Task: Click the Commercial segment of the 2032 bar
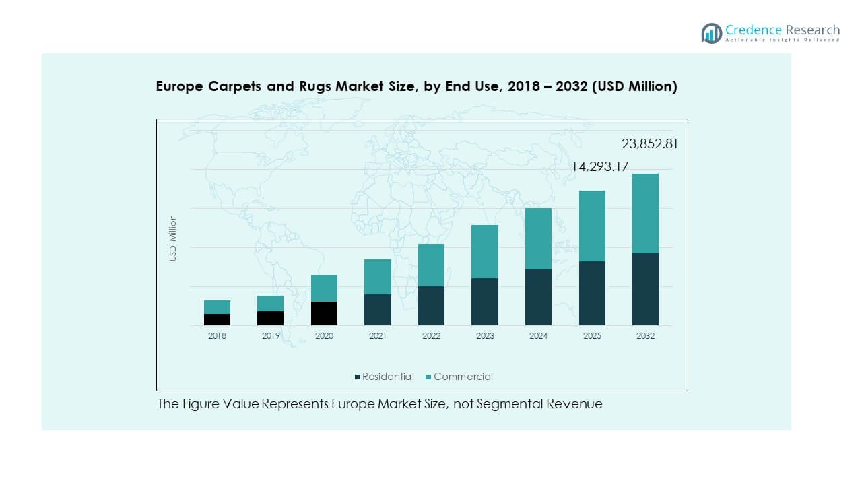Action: click(x=645, y=214)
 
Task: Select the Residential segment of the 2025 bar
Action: click(x=592, y=293)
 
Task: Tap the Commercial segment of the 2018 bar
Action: click(x=218, y=307)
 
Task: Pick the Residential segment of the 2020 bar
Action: click(x=324, y=313)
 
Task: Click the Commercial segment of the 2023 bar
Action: click(x=485, y=251)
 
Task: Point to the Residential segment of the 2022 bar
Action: click(x=431, y=306)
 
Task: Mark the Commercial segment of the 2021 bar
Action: click(x=378, y=277)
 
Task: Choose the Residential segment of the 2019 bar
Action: click(x=271, y=318)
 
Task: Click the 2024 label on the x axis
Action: click(x=538, y=335)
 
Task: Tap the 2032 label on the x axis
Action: click(x=645, y=335)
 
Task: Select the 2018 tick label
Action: click(x=218, y=335)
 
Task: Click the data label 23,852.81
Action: click(x=649, y=143)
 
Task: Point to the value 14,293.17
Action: click(x=601, y=166)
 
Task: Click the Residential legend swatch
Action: click(x=358, y=377)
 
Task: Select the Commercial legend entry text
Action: click(x=463, y=377)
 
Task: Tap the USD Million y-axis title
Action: click(x=173, y=238)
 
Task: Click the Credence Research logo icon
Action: click(x=711, y=33)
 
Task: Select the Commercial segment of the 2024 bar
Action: click(x=538, y=238)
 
